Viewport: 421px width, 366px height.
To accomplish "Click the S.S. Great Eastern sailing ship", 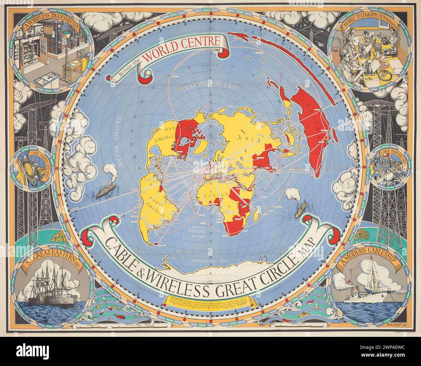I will (52, 288).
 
